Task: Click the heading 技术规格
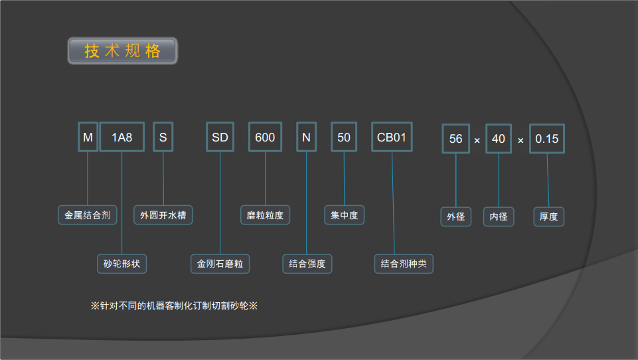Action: (x=123, y=51)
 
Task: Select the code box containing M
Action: (x=88, y=137)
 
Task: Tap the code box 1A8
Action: (x=122, y=137)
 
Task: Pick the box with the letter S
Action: (x=163, y=137)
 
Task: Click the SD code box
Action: (x=220, y=137)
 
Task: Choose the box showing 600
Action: (x=265, y=137)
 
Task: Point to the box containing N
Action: (x=306, y=137)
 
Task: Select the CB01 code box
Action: (x=392, y=137)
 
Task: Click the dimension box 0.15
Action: (x=547, y=139)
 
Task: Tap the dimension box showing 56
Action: (x=456, y=139)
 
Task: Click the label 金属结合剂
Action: (x=87, y=215)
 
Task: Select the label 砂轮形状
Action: (x=121, y=264)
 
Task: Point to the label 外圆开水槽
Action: (x=163, y=215)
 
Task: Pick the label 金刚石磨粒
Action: (x=220, y=264)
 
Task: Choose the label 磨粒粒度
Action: (x=265, y=215)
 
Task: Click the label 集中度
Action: (x=345, y=215)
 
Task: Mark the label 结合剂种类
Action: (x=404, y=264)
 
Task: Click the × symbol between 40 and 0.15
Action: (x=520, y=141)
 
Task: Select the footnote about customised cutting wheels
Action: (x=174, y=306)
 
